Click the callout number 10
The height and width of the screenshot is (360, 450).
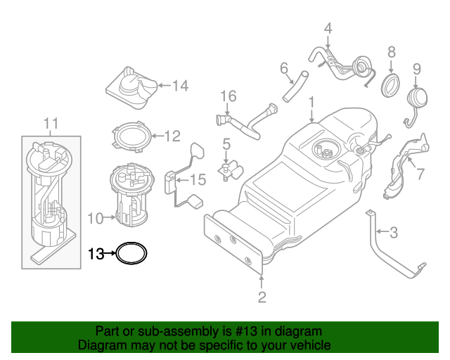[96, 218]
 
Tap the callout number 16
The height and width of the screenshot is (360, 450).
[227, 96]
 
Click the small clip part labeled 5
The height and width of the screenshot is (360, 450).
[229, 169]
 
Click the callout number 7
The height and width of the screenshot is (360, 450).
[420, 174]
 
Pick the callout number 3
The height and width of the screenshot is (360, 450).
[394, 231]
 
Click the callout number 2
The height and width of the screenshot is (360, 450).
[262, 297]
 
